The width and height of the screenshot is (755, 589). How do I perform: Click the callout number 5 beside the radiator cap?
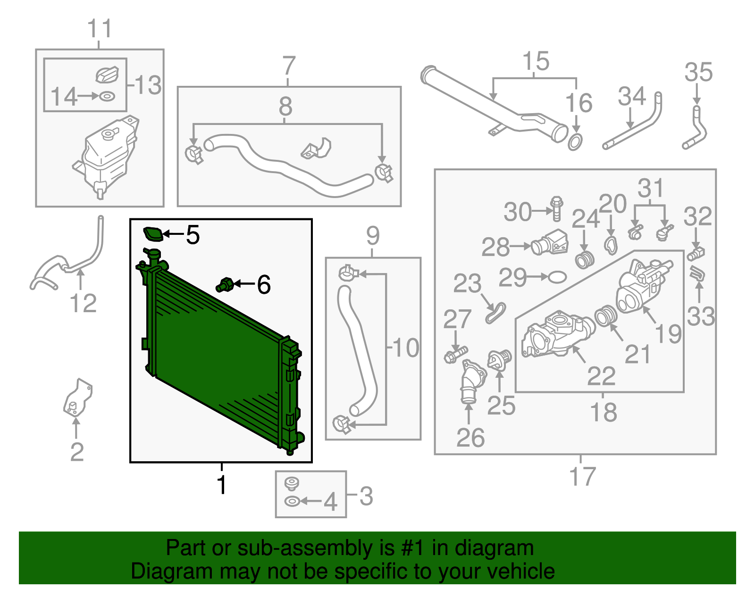tap(193, 234)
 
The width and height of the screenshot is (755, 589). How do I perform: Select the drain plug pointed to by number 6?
tap(225, 285)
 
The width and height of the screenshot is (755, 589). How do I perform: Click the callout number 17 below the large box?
tap(583, 476)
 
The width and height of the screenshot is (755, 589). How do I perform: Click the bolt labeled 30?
tap(557, 208)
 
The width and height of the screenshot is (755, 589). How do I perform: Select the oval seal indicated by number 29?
tap(557, 277)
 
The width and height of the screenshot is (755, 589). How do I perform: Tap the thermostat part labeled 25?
tap(499, 361)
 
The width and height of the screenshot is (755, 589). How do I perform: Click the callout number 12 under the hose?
tap(83, 303)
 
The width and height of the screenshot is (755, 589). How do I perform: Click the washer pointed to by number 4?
tap(292, 501)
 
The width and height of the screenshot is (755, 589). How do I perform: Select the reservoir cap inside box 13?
tap(107, 75)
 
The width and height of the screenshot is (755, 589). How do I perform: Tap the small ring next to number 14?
tap(107, 96)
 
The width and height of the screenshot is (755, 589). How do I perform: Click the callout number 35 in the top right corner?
tap(698, 73)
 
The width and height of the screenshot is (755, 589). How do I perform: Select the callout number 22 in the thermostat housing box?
tap(601, 376)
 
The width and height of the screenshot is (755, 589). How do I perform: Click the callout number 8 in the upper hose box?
tap(285, 107)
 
